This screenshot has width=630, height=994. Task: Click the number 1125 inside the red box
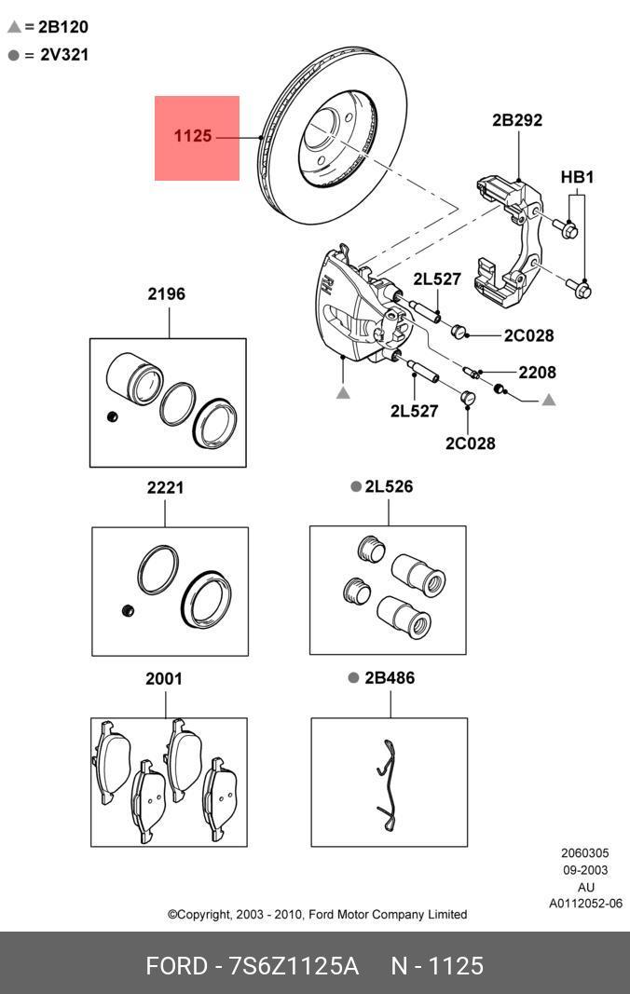click(x=193, y=136)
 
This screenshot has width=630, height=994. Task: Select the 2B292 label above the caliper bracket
click(x=517, y=120)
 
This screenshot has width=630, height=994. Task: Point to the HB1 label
click(x=577, y=176)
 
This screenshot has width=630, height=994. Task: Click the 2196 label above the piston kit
click(x=166, y=294)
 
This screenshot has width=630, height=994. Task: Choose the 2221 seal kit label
click(x=165, y=487)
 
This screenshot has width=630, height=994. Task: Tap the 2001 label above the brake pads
click(x=164, y=679)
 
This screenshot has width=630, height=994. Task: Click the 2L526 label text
click(x=389, y=486)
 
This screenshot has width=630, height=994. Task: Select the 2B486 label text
click(x=390, y=678)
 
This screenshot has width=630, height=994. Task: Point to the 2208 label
click(x=538, y=372)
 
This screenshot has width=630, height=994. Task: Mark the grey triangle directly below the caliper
click(x=343, y=394)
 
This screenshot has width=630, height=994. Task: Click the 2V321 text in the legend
click(x=64, y=55)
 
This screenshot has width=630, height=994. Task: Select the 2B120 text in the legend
click(x=63, y=27)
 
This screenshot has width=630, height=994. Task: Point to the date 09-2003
click(x=585, y=870)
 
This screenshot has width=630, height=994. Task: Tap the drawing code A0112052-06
click(x=584, y=904)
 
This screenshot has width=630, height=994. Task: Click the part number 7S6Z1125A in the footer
click(x=294, y=966)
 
